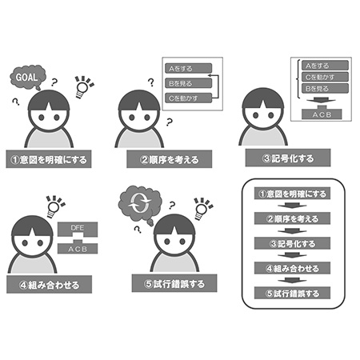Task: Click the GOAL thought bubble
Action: tap(27, 78)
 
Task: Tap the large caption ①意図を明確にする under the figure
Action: tap(49, 159)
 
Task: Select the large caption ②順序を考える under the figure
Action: tap(170, 159)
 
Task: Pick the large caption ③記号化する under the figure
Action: tap(288, 158)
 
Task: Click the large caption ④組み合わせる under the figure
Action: tap(50, 285)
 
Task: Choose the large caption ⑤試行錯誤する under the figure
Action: tap(174, 283)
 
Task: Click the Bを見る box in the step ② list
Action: tap(188, 83)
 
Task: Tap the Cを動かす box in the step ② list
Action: tap(188, 98)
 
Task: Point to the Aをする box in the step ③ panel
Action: tap(325, 66)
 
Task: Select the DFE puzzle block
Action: tap(78, 229)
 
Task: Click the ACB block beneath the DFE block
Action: tap(78, 247)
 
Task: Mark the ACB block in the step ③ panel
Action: tap(322, 114)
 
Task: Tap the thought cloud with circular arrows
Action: tap(140, 205)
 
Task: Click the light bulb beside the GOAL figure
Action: tap(83, 87)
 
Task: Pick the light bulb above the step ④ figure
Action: tap(54, 206)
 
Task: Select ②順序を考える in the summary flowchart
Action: tap(292, 218)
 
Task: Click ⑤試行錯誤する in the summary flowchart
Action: tap(292, 293)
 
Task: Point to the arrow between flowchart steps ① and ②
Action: tap(292, 206)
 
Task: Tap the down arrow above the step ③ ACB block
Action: tap(321, 100)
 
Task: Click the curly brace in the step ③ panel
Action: tap(298, 79)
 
